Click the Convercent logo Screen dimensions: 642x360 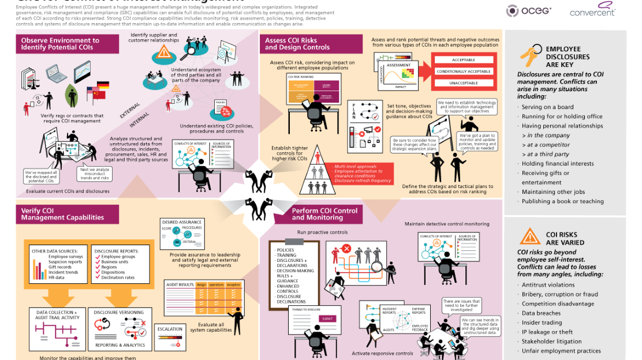pyautogui.click(x=592, y=10)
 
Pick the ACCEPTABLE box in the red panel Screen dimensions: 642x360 pyautogui.click(x=464, y=60)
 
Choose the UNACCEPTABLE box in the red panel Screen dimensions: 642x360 pyautogui.click(x=464, y=83)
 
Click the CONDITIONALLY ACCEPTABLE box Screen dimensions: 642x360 pyautogui.click(x=464, y=72)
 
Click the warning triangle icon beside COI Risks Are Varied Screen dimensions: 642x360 pyautogui.click(x=529, y=237)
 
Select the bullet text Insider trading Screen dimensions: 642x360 pyautogui.click(x=542, y=323)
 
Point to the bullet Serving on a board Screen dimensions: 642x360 pyautogui.click(x=547, y=107)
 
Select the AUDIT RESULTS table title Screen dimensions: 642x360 pyautogui.click(x=180, y=284)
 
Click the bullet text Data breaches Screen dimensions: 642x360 pyautogui.click(x=541, y=313)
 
